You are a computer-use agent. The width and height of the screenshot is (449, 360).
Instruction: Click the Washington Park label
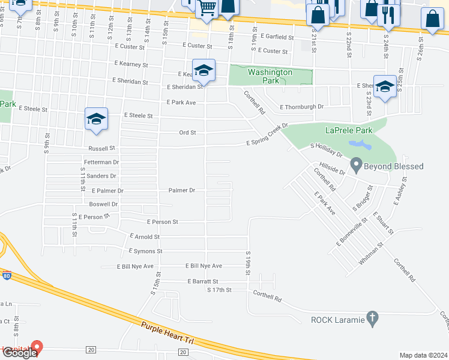pos(270,76)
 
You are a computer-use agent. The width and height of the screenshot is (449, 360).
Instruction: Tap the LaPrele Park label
pos(349,130)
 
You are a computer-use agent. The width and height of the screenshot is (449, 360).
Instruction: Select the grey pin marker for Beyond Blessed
pos(355,163)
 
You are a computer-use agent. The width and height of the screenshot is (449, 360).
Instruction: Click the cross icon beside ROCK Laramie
pos(372,319)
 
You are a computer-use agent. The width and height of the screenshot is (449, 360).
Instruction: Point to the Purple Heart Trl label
pos(168,332)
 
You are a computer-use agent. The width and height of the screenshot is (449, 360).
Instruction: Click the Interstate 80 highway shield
pos(6,276)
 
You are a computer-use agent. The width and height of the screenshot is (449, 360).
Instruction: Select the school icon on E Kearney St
pos(203,70)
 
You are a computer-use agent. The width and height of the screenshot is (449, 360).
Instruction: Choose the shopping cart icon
pos(208,8)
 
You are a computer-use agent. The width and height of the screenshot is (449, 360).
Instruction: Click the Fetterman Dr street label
pos(102,162)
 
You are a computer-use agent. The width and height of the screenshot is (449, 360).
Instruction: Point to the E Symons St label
pos(145,251)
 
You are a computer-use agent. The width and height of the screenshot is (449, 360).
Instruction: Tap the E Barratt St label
pos(202,281)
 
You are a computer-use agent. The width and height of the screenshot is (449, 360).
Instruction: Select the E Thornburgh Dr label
pos(301,107)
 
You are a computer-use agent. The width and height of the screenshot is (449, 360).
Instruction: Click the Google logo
pos(19,353)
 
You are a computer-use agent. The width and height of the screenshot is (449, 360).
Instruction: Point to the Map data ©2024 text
pos(423,355)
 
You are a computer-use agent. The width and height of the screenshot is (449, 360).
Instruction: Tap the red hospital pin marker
pos(36,347)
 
